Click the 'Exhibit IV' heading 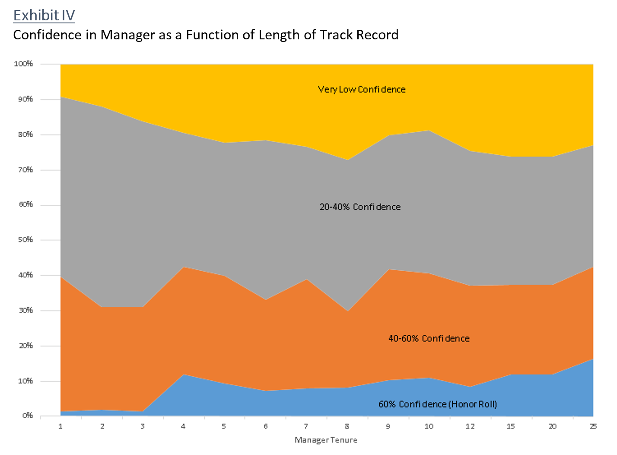[44, 16]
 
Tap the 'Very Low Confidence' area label [362, 90]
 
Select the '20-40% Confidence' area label [360, 207]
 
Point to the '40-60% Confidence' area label [429, 339]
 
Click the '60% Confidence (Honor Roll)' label [437, 404]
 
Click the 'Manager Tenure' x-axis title [326, 440]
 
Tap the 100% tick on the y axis [23, 64]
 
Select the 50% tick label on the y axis [25, 240]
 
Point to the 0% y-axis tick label [27, 416]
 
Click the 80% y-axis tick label [25, 135]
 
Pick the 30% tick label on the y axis [25, 311]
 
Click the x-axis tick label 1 [60, 426]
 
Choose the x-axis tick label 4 [183, 426]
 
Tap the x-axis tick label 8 [347, 426]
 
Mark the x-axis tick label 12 [470, 426]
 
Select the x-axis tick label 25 [593, 426]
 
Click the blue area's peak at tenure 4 [183, 375]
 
